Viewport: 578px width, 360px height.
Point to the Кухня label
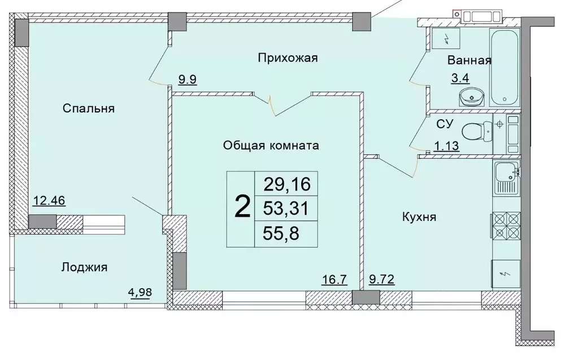(419, 216)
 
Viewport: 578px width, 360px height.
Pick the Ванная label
(469, 60)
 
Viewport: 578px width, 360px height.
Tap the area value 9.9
(187, 79)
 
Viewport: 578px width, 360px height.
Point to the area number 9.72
(381, 279)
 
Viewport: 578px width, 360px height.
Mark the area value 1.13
(446, 146)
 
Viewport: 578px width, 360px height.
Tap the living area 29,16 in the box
(287, 184)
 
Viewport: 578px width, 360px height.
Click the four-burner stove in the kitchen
(505, 226)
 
